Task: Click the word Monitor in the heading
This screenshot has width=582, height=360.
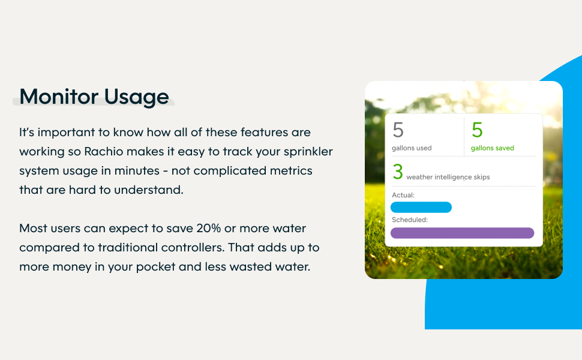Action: [59, 97]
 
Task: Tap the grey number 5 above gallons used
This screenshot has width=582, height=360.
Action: [398, 130]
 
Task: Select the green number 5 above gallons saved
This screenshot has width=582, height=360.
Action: [477, 130]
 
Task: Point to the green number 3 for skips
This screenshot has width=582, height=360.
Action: [398, 172]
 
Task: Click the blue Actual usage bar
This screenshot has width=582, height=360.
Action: [421, 207]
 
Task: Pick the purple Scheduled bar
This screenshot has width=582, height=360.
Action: [462, 233]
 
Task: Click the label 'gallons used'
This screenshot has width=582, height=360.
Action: [412, 148]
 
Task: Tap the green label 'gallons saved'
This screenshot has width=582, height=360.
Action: [492, 148]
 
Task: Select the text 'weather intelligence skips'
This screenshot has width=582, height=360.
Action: [448, 177]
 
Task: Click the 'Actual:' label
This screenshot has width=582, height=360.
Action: [403, 195]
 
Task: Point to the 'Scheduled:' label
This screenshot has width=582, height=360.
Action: [410, 220]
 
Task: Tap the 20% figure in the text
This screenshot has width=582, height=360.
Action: [209, 228]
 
